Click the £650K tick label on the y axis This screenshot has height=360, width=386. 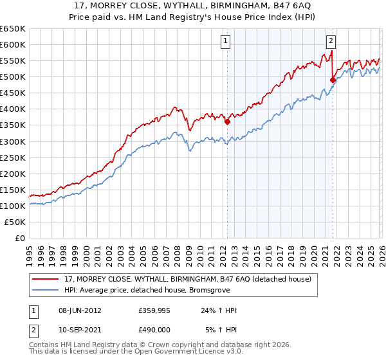[13, 29]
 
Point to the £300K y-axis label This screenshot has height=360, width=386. [13, 141]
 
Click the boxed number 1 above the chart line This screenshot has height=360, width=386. [226, 41]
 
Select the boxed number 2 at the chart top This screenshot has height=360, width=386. [331, 41]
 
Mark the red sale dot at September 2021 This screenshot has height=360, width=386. [333, 80]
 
